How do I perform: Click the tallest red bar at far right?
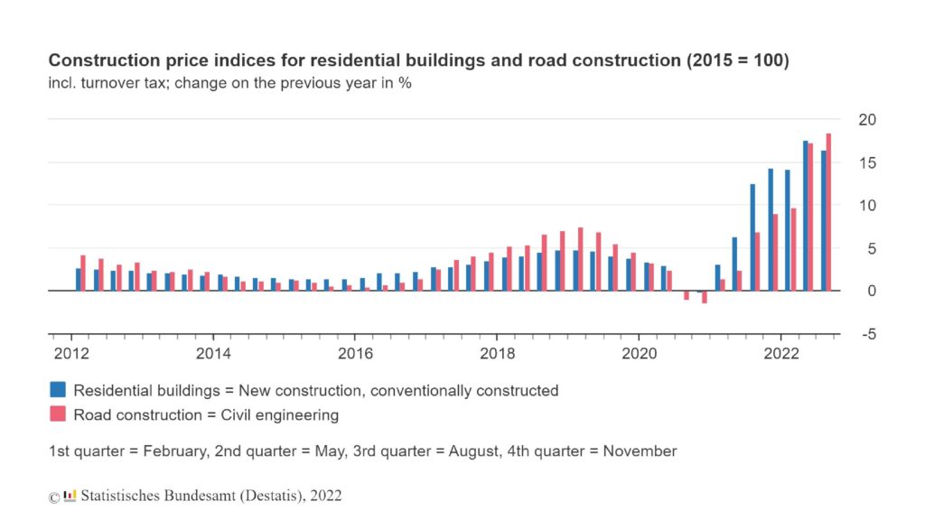tap(828, 212)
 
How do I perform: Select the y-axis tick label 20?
tap(867, 119)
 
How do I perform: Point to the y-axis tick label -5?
tap(867, 334)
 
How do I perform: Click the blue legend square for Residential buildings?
tap(58, 390)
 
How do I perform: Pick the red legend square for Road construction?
tap(58, 414)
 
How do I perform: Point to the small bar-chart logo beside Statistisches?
tap(70, 495)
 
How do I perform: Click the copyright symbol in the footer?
tap(54, 497)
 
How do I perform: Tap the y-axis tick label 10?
tap(867, 205)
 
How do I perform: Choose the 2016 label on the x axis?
tap(354, 353)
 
